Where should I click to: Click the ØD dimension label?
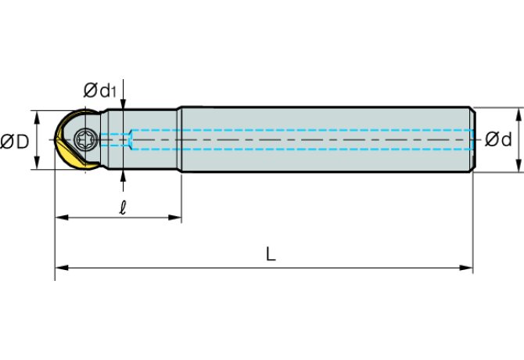tap(15, 142)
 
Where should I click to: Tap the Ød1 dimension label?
tap(100, 90)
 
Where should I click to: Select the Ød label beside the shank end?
tap(498, 139)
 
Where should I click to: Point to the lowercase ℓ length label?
tap(123, 207)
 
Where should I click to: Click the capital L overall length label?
tap(271, 254)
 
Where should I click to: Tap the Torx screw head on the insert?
tap(86, 140)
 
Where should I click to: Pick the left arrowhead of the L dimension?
tap(62, 268)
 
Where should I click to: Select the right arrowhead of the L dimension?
tap(466, 268)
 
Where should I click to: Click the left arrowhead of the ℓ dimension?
tap(62, 218)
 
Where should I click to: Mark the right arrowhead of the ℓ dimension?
tap(174, 218)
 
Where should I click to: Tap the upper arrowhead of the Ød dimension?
tap(519, 114)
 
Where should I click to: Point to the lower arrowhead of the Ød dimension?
tap(519, 165)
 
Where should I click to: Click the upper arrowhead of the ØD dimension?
tap(37, 117)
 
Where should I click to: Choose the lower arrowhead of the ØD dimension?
tap(37, 163)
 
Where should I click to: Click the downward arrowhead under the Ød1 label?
tap(124, 103)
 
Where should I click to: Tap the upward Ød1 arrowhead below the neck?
tap(124, 176)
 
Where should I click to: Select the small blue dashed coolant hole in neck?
tap(115, 140)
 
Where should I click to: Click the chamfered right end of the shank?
tap(473, 140)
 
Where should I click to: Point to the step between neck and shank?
tap(179, 140)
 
